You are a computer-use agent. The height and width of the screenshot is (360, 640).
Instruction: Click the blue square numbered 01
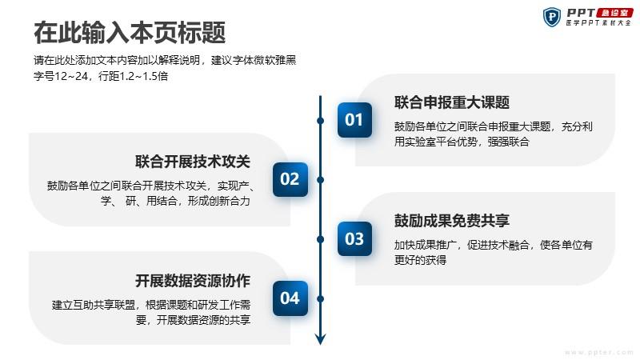[354, 120]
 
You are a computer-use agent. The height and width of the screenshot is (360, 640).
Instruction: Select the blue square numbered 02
[290, 179]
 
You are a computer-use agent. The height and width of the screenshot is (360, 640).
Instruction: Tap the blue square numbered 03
[354, 238]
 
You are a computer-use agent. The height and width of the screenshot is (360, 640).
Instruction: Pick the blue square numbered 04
[290, 298]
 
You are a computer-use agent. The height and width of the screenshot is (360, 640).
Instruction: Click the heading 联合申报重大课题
[452, 102]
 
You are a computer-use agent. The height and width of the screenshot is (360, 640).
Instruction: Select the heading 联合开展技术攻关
[193, 162]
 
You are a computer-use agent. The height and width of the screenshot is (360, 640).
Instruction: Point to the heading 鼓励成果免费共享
[452, 221]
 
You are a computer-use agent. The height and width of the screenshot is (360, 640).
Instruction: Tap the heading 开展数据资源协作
[193, 281]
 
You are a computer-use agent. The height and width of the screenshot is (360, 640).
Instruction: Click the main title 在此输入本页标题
[130, 33]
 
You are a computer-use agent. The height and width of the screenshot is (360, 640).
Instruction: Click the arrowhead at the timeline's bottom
[321, 339]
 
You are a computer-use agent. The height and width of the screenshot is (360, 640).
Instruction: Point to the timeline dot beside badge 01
[321, 121]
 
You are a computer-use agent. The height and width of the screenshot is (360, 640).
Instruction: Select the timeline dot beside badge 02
[321, 180]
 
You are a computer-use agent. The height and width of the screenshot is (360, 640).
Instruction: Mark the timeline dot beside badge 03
[321, 239]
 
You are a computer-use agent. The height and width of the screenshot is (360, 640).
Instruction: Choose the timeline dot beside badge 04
[321, 299]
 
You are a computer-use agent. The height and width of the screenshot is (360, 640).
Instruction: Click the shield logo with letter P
[552, 17]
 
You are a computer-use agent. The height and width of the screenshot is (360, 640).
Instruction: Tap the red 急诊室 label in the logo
[614, 13]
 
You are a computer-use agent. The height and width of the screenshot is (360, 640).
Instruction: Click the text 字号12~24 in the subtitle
[61, 76]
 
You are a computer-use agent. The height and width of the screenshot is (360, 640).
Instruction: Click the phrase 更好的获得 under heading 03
[421, 260]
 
